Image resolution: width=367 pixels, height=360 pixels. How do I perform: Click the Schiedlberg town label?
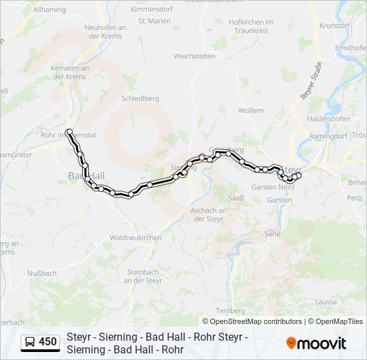point(140,98)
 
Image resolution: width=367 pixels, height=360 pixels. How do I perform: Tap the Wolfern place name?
point(250,110)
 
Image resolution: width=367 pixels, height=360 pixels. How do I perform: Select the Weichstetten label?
point(194,56)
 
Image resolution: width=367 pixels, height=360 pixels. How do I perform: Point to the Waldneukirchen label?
point(135,237)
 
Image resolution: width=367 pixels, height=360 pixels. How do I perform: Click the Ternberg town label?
point(231,311)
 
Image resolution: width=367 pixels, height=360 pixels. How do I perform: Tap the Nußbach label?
point(42,273)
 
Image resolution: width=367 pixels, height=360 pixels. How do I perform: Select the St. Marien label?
point(154,21)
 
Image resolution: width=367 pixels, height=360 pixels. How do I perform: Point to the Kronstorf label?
point(334,25)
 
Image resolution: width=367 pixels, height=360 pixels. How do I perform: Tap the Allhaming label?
point(49,10)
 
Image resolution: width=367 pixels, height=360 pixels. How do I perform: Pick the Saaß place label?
point(237,198)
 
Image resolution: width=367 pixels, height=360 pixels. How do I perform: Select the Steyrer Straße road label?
point(312,80)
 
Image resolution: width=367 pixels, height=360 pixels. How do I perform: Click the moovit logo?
point(316,343)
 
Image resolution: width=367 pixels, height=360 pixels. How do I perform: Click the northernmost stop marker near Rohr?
point(69,131)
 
